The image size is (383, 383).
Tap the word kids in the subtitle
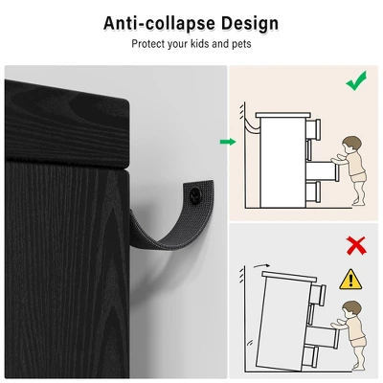[x=200, y=43]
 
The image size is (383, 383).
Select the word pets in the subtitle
[x=241, y=44]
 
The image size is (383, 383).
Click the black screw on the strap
[x=195, y=194]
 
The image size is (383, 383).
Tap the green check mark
[x=356, y=80]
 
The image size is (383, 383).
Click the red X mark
[x=356, y=245]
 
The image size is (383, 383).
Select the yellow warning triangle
[x=350, y=280]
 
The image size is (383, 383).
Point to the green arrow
[x=228, y=142]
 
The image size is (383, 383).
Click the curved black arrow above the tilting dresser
[x=261, y=265]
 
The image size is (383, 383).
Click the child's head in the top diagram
[x=351, y=146]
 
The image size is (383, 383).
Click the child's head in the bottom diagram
[x=352, y=310]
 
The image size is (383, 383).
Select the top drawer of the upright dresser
[x=313, y=129]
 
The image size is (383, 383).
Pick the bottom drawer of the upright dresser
[x=313, y=191]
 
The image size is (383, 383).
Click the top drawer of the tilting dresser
[x=318, y=294]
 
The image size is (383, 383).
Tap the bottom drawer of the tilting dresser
[x=310, y=356]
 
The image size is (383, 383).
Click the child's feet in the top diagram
[x=359, y=202]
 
